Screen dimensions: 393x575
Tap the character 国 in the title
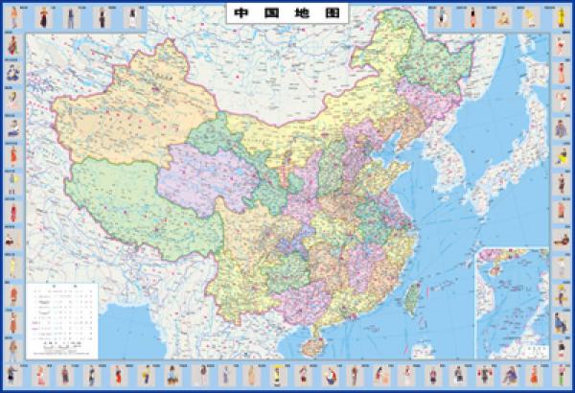click(x=262, y=15)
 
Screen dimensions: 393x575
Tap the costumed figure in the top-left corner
click(x=12, y=16)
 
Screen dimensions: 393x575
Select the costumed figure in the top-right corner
click(x=562, y=16)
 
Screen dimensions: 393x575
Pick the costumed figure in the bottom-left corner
click(x=12, y=374)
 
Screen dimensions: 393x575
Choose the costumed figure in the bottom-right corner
click(x=562, y=374)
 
